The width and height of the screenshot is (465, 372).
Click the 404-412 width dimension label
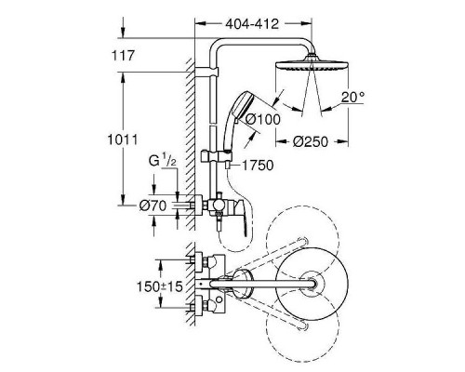click(252, 24)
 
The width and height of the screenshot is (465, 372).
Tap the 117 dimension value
click(123, 56)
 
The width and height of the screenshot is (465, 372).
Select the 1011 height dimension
click(123, 139)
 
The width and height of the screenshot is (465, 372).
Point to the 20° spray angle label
click(352, 98)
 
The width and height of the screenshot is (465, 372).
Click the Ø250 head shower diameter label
click(311, 142)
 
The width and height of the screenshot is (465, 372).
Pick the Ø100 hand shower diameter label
click(263, 119)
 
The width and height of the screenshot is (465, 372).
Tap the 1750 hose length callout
click(258, 166)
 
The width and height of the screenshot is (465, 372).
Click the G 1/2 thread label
click(163, 161)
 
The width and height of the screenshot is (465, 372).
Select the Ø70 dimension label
click(153, 206)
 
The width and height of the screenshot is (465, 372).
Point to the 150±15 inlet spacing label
click(160, 286)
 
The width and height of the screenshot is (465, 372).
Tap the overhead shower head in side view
click(312, 63)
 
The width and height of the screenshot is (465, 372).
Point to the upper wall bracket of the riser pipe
click(207, 72)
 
